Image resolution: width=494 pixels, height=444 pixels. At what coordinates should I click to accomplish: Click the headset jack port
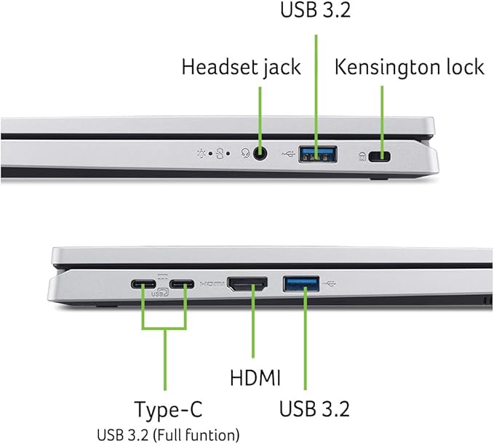pyautogui.click(x=259, y=154)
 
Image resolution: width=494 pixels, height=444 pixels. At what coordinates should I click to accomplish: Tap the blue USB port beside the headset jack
pyautogui.click(x=317, y=154)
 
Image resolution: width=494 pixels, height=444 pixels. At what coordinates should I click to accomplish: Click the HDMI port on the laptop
pyautogui.click(x=247, y=283)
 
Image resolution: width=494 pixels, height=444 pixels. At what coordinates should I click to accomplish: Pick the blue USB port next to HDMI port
pyautogui.click(x=303, y=283)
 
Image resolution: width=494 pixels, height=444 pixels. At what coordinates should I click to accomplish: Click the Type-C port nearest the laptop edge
pyautogui.click(x=143, y=284)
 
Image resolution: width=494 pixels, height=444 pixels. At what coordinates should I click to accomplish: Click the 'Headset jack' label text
pyautogui.click(x=240, y=68)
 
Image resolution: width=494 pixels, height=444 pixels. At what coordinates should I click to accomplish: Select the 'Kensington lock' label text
pyautogui.click(x=409, y=68)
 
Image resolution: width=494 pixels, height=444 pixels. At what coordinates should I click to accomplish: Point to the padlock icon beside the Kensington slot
pyautogui.click(x=362, y=156)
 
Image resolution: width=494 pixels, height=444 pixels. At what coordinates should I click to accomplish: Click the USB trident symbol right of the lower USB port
pyautogui.click(x=332, y=282)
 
